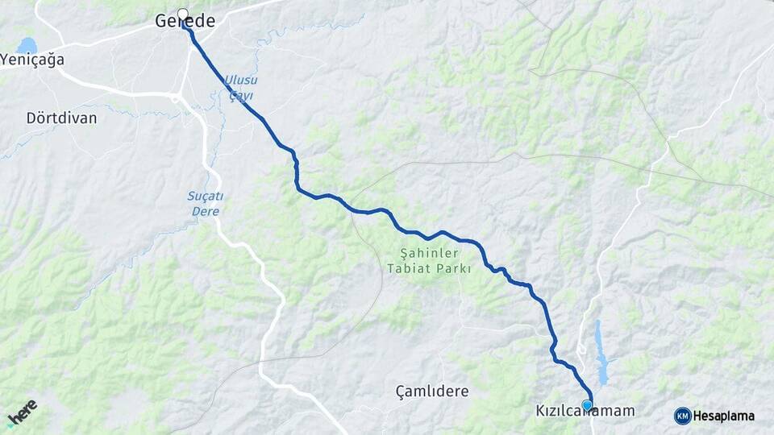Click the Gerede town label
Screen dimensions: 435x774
click(x=185, y=22)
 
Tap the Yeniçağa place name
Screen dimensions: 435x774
click(x=32, y=60)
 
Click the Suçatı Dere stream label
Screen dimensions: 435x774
click(x=205, y=204)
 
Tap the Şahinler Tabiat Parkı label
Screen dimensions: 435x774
click(x=429, y=261)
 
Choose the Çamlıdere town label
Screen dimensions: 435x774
click(x=432, y=391)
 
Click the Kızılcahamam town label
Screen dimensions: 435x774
click(x=585, y=412)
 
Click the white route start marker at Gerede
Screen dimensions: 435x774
click(x=183, y=14)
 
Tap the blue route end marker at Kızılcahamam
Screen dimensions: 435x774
click(x=588, y=405)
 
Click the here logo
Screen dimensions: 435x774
click(x=22, y=412)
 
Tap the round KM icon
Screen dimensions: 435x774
click(x=682, y=416)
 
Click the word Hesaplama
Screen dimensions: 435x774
click(x=724, y=416)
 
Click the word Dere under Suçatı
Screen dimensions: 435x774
click(x=206, y=212)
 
